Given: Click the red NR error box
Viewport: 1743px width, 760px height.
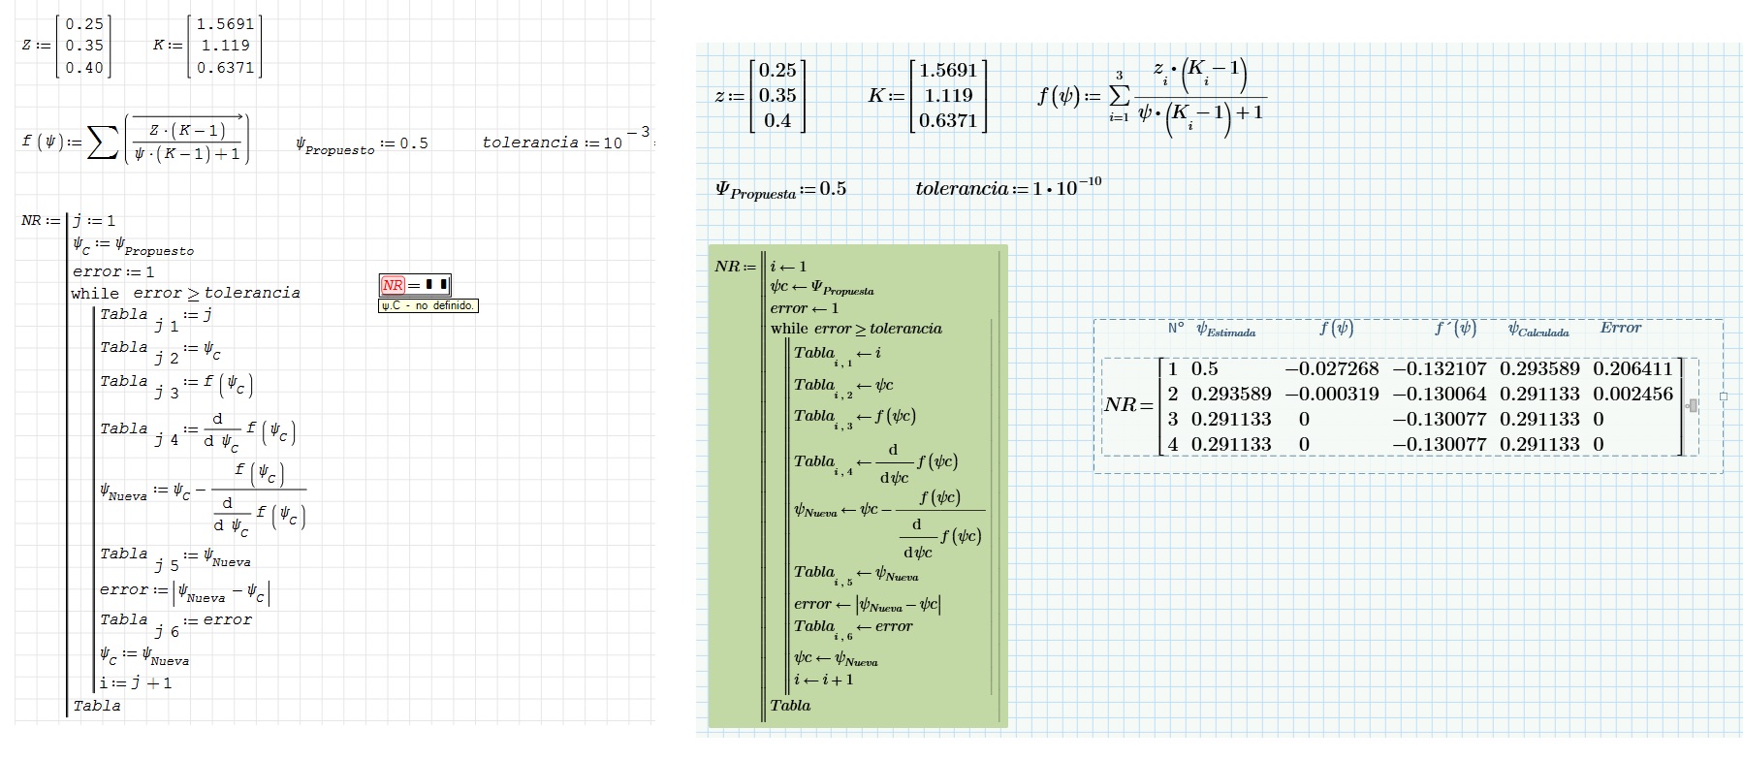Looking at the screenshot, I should [414, 285].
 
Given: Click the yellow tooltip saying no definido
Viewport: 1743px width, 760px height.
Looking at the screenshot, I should [428, 305].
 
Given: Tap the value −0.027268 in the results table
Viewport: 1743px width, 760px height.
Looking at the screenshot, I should [1331, 368].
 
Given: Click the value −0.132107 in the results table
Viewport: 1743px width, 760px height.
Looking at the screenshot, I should [1440, 368].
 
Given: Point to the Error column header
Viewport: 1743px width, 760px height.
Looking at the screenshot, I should [1620, 328].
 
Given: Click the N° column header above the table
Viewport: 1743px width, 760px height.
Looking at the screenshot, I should [1175, 329].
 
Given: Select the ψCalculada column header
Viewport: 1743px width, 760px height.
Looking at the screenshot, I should [1537, 330].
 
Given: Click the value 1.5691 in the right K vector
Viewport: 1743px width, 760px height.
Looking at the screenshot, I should [947, 70].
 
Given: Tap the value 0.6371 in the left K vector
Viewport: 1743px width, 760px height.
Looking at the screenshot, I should [225, 68].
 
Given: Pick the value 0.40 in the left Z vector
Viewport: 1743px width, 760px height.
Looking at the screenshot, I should [84, 68].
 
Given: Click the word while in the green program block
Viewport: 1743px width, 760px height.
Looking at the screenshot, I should [789, 329].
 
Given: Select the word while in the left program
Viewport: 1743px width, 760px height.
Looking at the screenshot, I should [95, 293].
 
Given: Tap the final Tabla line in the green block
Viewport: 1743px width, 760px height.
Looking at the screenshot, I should [790, 706].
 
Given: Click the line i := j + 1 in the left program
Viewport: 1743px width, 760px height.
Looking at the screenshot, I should [136, 682].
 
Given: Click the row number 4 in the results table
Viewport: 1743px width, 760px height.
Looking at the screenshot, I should [1172, 444].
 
